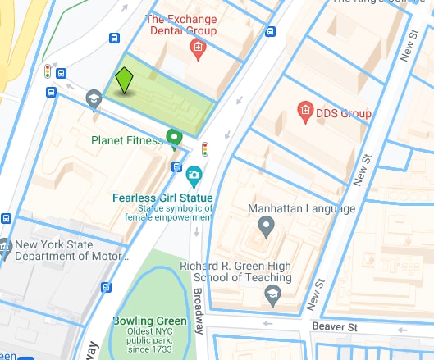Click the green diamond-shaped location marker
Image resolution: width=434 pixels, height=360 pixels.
pyautogui.click(x=124, y=80)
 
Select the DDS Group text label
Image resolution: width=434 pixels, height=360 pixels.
pyautogui.click(x=344, y=113)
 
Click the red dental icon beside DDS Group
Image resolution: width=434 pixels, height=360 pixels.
pyautogui.click(x=304, y=109)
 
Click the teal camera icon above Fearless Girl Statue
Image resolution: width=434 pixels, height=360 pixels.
pyautogui.click(x=194, y=174)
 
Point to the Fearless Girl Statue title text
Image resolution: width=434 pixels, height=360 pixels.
pyautogui.click(x=163, y=198)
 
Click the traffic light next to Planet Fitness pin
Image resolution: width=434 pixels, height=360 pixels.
pyautogui.click(x=205, y=149)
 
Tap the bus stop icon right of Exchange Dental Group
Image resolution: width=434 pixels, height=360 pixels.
pyautogui.click(x=271, y=32)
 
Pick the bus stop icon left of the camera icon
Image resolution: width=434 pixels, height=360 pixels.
pyautogui.click(x=176, y=166)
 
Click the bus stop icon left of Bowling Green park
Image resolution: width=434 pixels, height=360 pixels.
pyautogui.click(x=106, y=287)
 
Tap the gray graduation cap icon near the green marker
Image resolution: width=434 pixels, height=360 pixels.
pyautogui.click(x=93, y=99)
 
